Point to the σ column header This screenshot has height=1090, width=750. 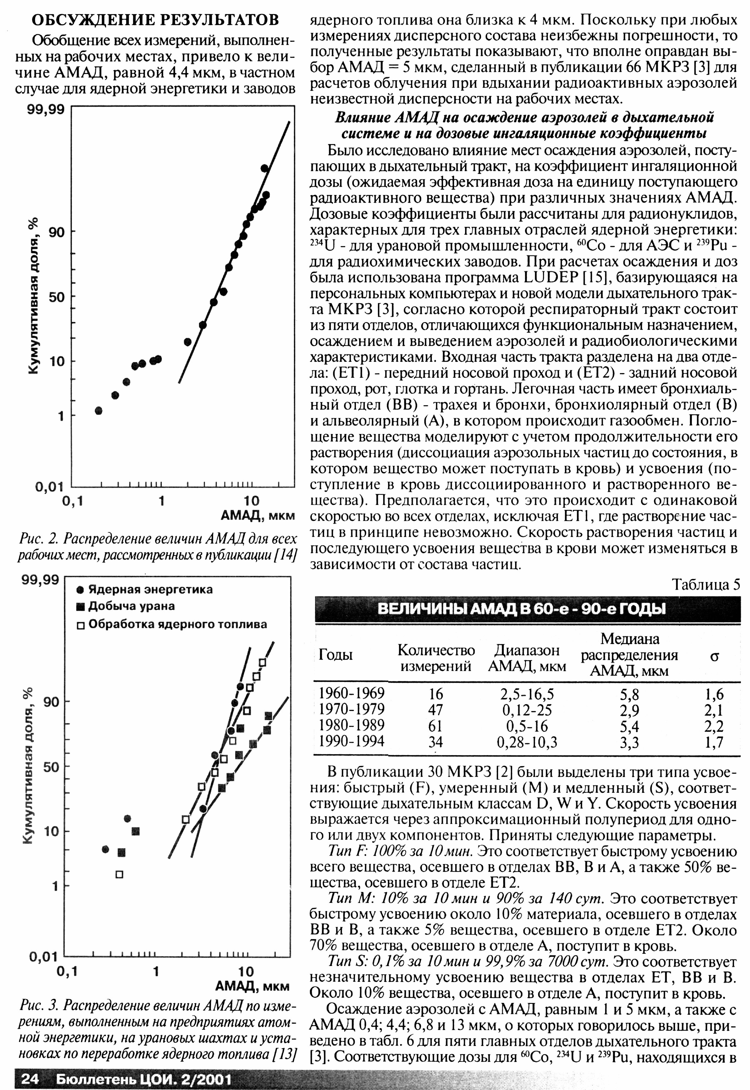pos(714,656)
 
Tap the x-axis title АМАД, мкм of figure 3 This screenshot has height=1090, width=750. pos(252,986)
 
